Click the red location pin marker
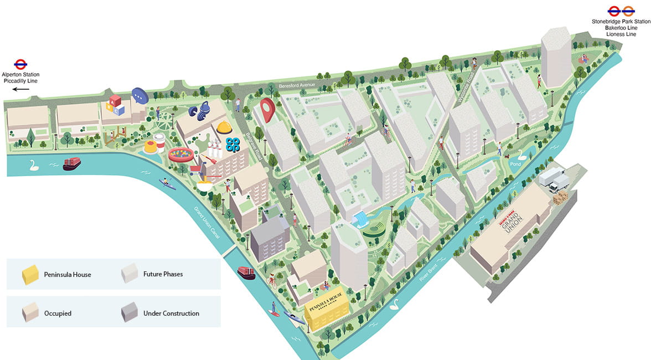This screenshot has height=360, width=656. [x=268, y=109]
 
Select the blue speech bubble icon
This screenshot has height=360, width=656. [x=140, y=96]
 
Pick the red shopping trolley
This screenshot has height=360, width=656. [x=196, y=167]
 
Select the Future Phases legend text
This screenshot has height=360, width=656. [x=163, y=274]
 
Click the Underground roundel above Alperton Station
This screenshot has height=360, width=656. [x=20, y=64]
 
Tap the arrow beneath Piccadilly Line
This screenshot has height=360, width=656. [x=20, y=89]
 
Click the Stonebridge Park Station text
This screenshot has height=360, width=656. [x=620, y=22]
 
